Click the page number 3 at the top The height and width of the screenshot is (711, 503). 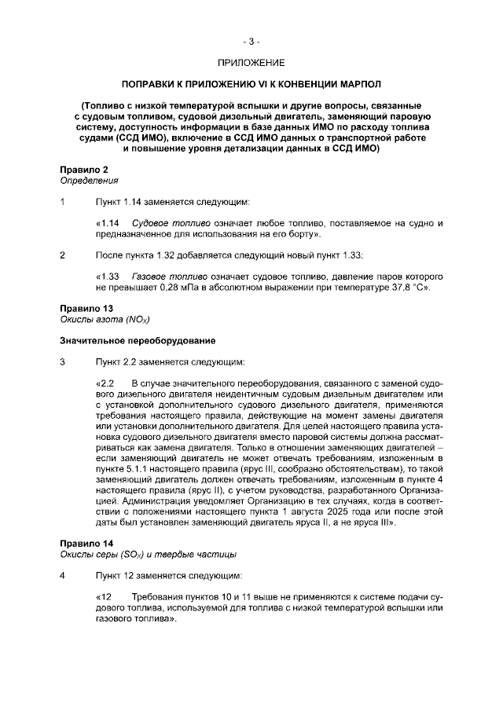[251, 40]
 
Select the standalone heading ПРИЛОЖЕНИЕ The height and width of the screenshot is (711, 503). [251, 61]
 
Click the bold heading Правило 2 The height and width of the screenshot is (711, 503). [84, 170]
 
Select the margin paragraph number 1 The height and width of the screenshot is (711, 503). [63, 202]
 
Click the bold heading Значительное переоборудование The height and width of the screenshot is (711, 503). [138, 341]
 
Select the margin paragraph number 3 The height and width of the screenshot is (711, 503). [63, 362]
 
